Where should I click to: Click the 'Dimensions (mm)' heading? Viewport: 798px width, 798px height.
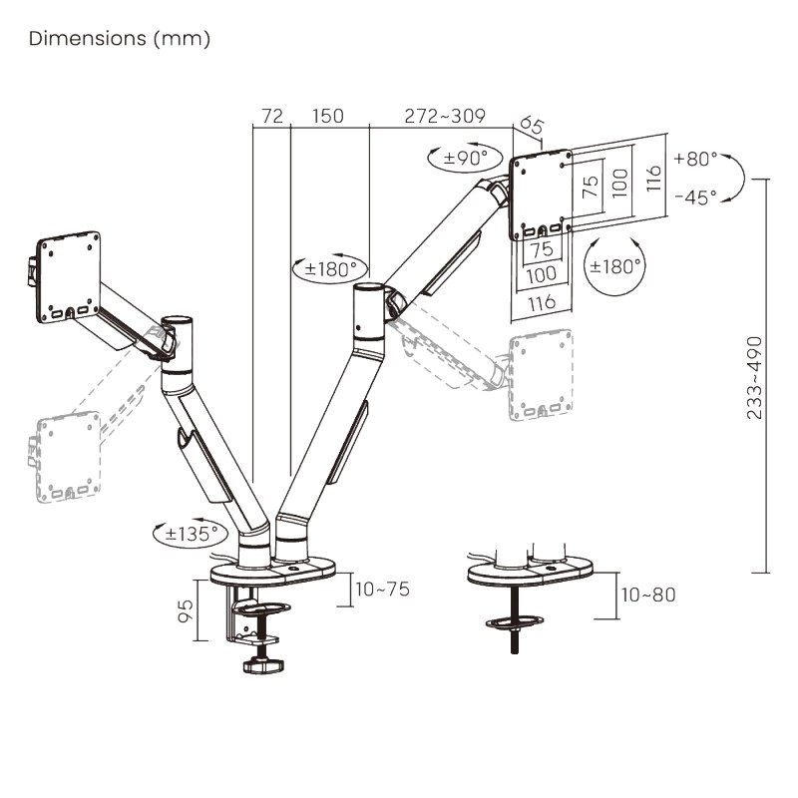[x=120, y=39]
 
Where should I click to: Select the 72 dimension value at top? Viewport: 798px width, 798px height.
[x=272, y=116]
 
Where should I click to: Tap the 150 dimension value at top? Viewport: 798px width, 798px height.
[x=328, y=116]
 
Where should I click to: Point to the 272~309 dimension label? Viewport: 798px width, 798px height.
[x=445, y=116]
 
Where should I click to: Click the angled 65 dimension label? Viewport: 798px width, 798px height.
[x=532, y=126]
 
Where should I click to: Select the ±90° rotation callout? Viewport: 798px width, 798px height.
[x=465, y=158]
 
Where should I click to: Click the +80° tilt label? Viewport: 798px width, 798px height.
[x=695, y=159]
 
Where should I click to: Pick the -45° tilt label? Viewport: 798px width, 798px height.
[x=695, y=197]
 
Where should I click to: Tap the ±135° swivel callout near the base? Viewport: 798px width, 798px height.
[x=192, y=534]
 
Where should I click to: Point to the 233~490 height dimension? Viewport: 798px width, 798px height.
[x=754, y=378]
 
